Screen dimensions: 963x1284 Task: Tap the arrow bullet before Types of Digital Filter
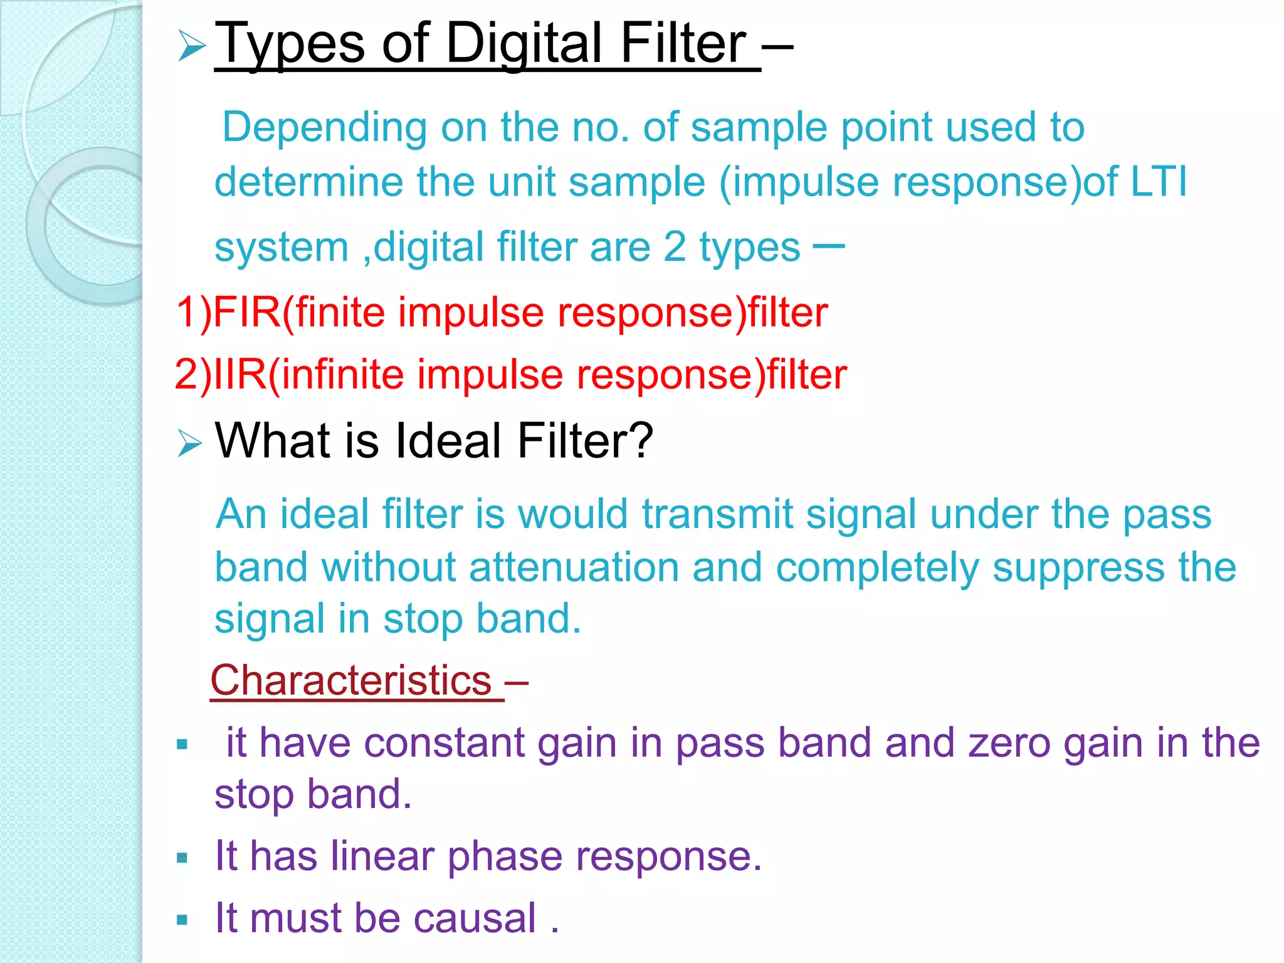click(191, 47)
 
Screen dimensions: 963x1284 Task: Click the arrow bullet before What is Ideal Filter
click(189, 443)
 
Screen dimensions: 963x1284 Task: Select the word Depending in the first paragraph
click(324, 128)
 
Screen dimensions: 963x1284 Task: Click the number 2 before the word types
click(675, 247)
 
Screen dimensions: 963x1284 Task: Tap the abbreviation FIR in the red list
click(247, 312)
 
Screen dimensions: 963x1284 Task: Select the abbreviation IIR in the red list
click(241, 374)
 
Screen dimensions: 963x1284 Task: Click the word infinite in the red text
click(342, 374)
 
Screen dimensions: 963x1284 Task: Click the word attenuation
click(574, 567)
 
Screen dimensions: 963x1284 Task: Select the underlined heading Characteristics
click(351, 680)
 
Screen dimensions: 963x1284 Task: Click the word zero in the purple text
click(1009, 743)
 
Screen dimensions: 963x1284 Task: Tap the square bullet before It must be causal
click(182, 920)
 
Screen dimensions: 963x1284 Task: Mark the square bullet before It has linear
click(182, 858)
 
